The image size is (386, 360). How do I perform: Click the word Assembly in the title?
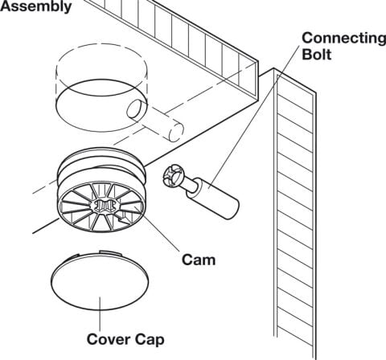[35, 6]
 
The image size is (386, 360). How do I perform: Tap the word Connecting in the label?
[344, 39]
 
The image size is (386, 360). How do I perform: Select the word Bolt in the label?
[317, 55]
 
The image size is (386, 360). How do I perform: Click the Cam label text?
[199, 260]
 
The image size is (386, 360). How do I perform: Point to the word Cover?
[108, 339]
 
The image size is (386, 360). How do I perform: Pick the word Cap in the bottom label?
[149, 340]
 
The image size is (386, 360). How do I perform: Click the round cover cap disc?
[100, 281]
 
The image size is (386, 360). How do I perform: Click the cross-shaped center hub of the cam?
[104, 206]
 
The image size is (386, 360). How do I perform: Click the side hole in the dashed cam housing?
[135, 109]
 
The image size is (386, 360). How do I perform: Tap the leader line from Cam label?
[156, 229]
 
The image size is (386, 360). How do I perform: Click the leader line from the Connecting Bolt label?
[254, 116]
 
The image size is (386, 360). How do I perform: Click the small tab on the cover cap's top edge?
[110, 252]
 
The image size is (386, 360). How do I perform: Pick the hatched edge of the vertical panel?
[295, 215]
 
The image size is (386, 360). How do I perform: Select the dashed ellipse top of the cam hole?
[101, 60]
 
